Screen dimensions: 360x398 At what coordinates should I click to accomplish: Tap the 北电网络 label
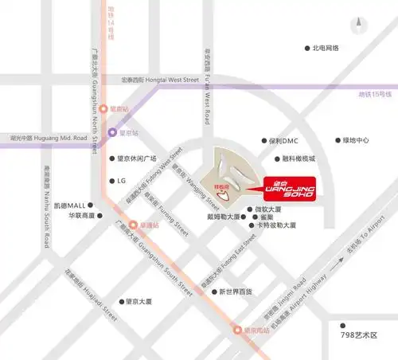click(x=326, y=48)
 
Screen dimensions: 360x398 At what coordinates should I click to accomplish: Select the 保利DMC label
click(x=283, y=141)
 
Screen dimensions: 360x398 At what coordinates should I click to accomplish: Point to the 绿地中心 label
click(x=355, y=141)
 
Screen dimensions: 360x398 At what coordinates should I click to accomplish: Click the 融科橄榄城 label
click(x=298, y=158)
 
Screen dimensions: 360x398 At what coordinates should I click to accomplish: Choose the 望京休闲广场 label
click(x=137, y=158)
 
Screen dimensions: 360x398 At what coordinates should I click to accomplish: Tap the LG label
click(x=122, y=181)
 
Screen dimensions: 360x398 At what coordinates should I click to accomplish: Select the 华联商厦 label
click(x=81, y=216)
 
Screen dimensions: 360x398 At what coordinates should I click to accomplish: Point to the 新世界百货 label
click(x=236, y=292)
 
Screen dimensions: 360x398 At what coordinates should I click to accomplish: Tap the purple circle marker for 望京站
click(x=113, y=133)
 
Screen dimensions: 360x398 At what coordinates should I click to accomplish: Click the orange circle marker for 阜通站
click(x=133, y=225)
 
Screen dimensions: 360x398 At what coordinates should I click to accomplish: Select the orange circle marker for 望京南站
click(x=236, y=329)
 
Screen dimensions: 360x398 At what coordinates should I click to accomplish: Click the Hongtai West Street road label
click(x=159, y=80)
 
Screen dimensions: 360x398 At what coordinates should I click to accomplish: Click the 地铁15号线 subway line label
click(x=375, y=95)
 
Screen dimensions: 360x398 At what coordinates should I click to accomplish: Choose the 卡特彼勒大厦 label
click(x=276, y=225)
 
